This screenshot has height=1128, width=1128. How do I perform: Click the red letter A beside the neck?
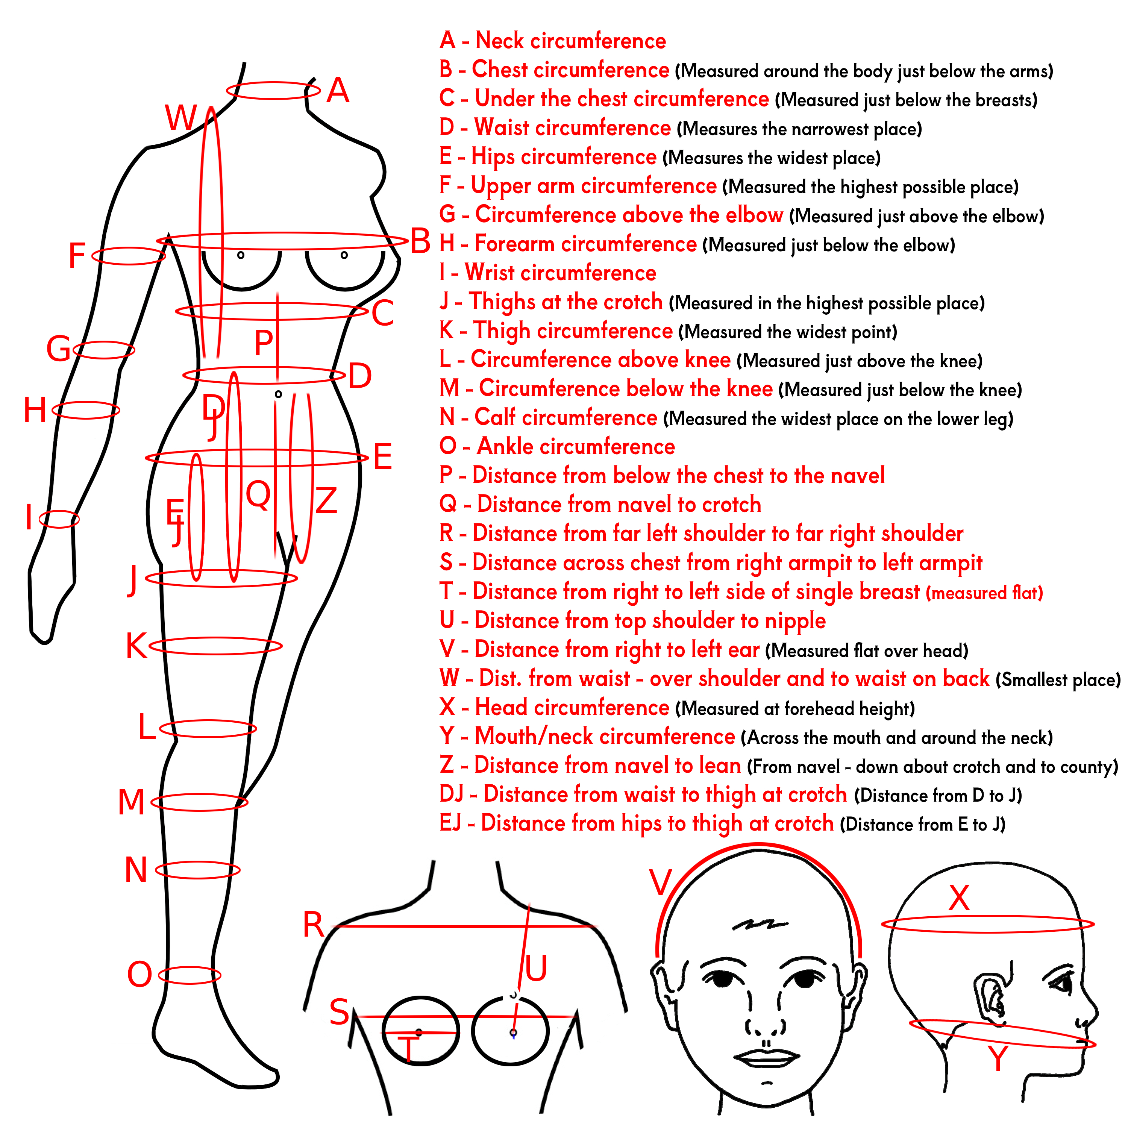[338, 91]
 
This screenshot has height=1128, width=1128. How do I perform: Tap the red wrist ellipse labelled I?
[59, 519]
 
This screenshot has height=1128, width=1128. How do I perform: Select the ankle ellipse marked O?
[190, 975]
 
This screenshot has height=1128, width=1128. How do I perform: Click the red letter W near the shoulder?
[182, 118]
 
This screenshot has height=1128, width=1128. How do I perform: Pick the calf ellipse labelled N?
[197, 870]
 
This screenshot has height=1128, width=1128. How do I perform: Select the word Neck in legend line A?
[500, 41]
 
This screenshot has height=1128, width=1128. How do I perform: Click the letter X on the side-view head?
[959, 898]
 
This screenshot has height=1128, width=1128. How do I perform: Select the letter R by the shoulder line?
[314, 925]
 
